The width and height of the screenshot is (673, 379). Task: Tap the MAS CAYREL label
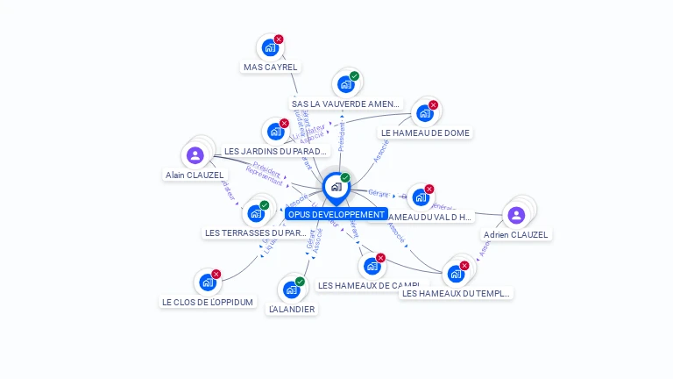coord(270,67)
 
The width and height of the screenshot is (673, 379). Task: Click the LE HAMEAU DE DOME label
coord(426,133)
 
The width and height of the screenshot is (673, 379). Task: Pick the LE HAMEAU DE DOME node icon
coord(424,113)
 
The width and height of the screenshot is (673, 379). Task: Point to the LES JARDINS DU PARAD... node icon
coord(275,132)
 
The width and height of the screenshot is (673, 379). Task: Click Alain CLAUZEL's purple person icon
coord(195,155)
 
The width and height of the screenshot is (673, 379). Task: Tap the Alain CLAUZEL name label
coord(195,175)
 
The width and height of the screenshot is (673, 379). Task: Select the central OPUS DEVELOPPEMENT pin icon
coord(336,187)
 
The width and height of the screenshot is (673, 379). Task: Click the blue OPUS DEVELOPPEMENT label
coord(336,214)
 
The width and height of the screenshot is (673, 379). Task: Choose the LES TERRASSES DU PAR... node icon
coord(255,213)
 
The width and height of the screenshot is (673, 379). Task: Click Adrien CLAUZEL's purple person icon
coord(516,215)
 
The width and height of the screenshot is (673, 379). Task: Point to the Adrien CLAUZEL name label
coord(516,235)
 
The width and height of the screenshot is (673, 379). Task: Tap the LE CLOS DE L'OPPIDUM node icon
coord(207,282)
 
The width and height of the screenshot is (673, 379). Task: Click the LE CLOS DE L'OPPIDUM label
coord(208,302)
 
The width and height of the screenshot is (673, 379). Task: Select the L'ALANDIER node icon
coord(291,290)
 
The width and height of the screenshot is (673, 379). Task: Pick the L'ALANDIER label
coord(293,309)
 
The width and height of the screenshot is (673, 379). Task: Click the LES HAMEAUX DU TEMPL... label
coord(456,294)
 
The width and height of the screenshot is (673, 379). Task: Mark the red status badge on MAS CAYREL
coord(279,39)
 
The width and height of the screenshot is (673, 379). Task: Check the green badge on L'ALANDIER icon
coord(300,282)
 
